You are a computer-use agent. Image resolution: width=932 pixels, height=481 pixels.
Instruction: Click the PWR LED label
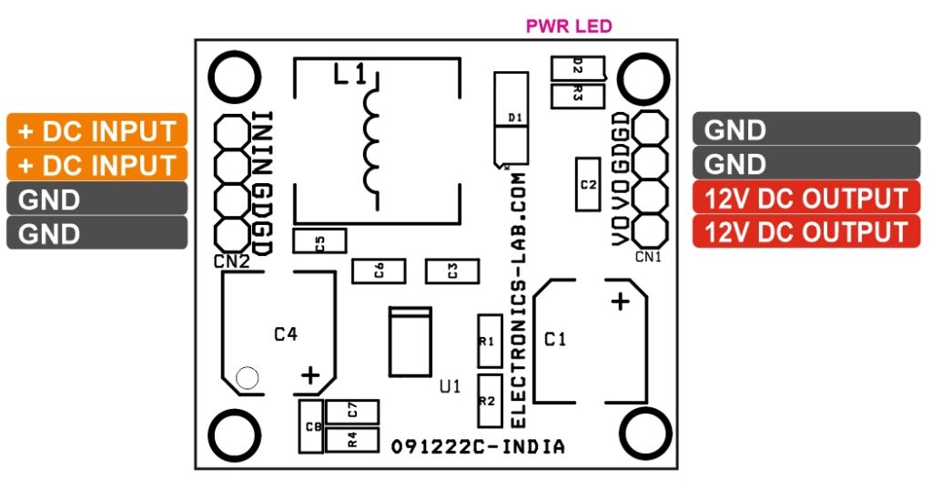(569, 26)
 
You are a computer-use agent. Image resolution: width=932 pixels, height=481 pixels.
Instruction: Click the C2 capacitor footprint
(588, 184)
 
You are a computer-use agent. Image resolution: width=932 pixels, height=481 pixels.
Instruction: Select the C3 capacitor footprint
(451, 271)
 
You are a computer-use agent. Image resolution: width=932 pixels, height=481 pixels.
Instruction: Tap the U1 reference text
(450, 387)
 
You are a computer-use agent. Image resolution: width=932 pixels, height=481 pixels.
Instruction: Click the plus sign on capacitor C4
(310, 374)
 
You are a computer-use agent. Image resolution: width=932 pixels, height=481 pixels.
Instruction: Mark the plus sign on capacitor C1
(619, 302)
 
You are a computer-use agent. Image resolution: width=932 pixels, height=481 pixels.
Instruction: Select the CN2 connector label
(232, 262)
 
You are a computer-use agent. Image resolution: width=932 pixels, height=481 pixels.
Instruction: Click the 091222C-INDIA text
(478, 447)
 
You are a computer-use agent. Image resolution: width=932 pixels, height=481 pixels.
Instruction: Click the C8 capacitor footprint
(311, 426)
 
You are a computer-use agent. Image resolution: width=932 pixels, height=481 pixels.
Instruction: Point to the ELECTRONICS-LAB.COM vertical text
(519, 296)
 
